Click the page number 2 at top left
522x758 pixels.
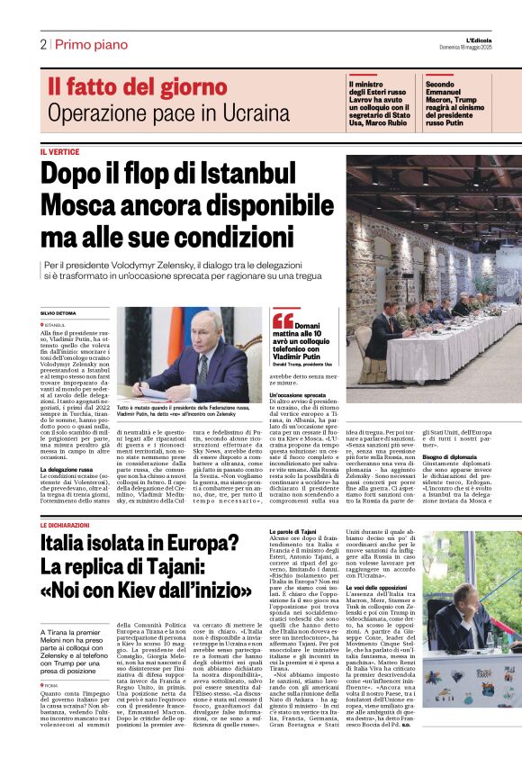tap(42, 44)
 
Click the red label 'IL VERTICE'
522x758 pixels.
tap(59, 152)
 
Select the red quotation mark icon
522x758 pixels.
tap(283, 320)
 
